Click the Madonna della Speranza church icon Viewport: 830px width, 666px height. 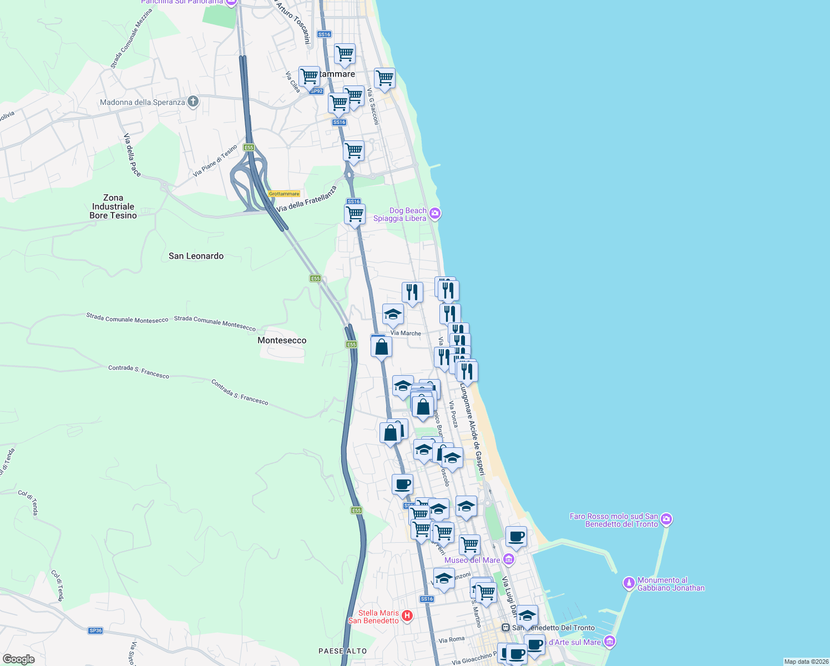tap(193, 102)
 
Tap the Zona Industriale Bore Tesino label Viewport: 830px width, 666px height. tap(113, 206)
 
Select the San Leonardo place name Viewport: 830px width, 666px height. tap(196, 256)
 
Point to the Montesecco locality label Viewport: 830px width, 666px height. tap(282, 340)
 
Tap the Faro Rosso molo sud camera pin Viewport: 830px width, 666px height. tap(666, 519)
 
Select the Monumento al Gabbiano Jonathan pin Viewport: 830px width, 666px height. tap(629, 583)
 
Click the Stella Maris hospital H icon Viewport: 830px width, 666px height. tap(407, 615)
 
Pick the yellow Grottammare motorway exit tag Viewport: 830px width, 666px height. tap(284, 194)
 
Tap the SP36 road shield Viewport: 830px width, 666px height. tap(95, 630)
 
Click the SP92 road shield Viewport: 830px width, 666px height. tap(316, 91)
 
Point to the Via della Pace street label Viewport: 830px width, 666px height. tap(132, 155)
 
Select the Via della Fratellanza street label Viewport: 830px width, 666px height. tap(306, 199)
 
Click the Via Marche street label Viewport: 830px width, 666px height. tap(406, 333)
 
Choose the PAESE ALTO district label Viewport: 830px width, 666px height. tap(342, 650)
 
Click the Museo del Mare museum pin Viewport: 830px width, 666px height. tap(509, 559)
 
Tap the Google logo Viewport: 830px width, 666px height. tap(18, 659)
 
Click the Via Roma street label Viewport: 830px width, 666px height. tap(451, 639)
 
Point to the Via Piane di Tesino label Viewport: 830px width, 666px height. tap(215, 160)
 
